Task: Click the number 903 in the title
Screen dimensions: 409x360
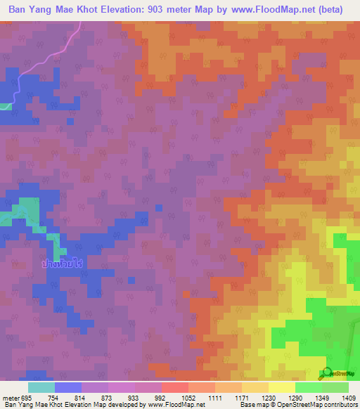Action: click(163, 10)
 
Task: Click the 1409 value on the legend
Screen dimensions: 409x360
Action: click(348, 398)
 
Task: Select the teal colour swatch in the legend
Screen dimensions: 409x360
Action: click(41, 387)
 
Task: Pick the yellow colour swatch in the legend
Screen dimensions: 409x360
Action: click(282, 387)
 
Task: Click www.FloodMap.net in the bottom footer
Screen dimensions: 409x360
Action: click(167, 405)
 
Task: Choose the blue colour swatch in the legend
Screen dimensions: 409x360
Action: click(68, 387)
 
